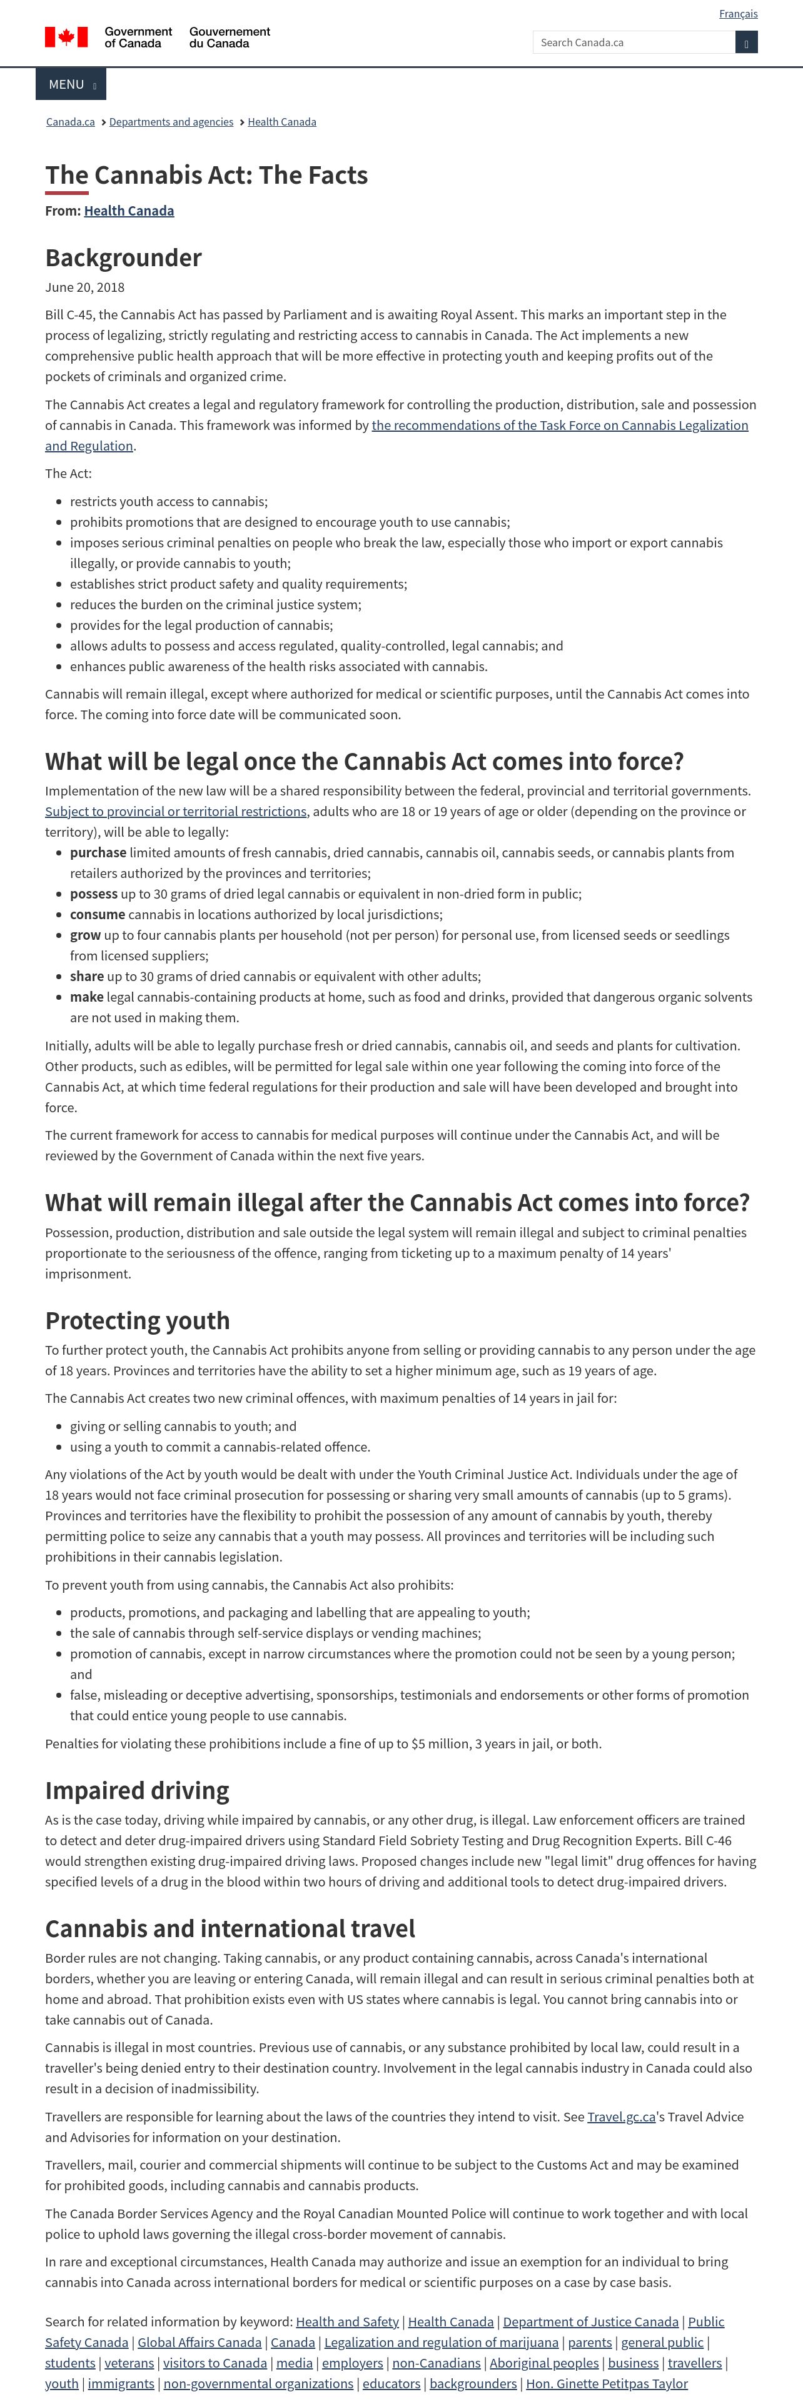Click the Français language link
click(x=737, y=14)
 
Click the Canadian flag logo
click(x=66, y=37)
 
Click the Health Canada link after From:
click(x=129, y=211)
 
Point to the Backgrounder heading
click(x=123, y=258)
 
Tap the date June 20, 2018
click(x=85, y=288)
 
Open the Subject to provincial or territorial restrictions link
click(x=176, y=811)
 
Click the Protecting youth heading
click(x=138, y=1320)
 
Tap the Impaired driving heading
click(x=138, y=1790)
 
